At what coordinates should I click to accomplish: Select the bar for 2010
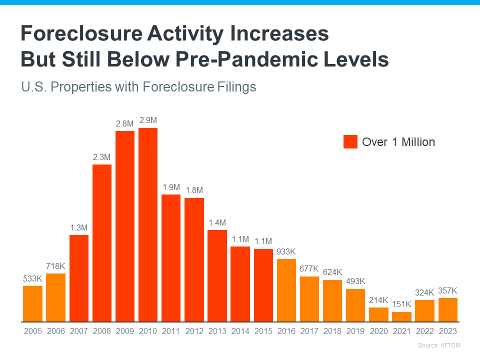pyautogui.click(x=148, y=225)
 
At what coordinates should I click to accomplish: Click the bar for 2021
pyautogui.click(x=401, y=316)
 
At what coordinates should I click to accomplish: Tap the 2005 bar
pyautogui.click(x=32, y=303)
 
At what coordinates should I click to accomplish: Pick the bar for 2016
pyautogui.click(x=286, y=290)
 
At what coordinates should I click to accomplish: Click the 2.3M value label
pyautogui.click(x=101, y=157)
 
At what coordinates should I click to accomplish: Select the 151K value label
pyautogui.click(x=401, y=304)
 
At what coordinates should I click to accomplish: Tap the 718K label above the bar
pyautogui.click(x=55, y=266)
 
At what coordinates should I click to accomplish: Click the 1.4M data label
pyautogui.click(x=217, y=222)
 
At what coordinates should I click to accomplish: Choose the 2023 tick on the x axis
pyautogui.click(x=447, y=331)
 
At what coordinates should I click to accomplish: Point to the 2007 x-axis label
pyautogui.click(x=78, y=331)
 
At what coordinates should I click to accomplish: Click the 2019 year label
pyautogui.click(x=355, y=331)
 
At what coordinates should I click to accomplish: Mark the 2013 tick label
pyautogui.click(x=217, y=331)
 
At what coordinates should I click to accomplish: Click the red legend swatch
pyautogui.click(x=350, y=142)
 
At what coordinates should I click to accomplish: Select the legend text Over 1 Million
pyautogui.click(x=398, y=142)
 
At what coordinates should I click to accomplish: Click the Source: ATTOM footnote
pyautogui.click(x=438, y=345)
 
